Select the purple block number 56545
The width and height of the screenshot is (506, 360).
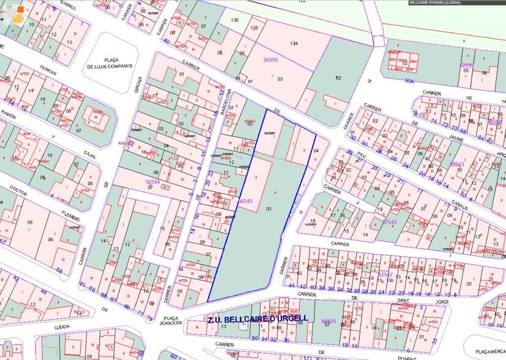tap(245, 201)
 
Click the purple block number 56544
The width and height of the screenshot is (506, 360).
tap(152, 182)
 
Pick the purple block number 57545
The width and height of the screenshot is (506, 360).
tap(389, 222)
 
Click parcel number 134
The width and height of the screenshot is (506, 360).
tap(294, 43)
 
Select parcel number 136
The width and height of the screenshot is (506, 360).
tap(234, 21)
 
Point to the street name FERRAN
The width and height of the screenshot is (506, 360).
tap(47, 72)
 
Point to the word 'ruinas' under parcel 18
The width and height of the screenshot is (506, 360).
tap(313, 227)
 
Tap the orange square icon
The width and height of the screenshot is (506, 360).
tap(21, 10)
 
